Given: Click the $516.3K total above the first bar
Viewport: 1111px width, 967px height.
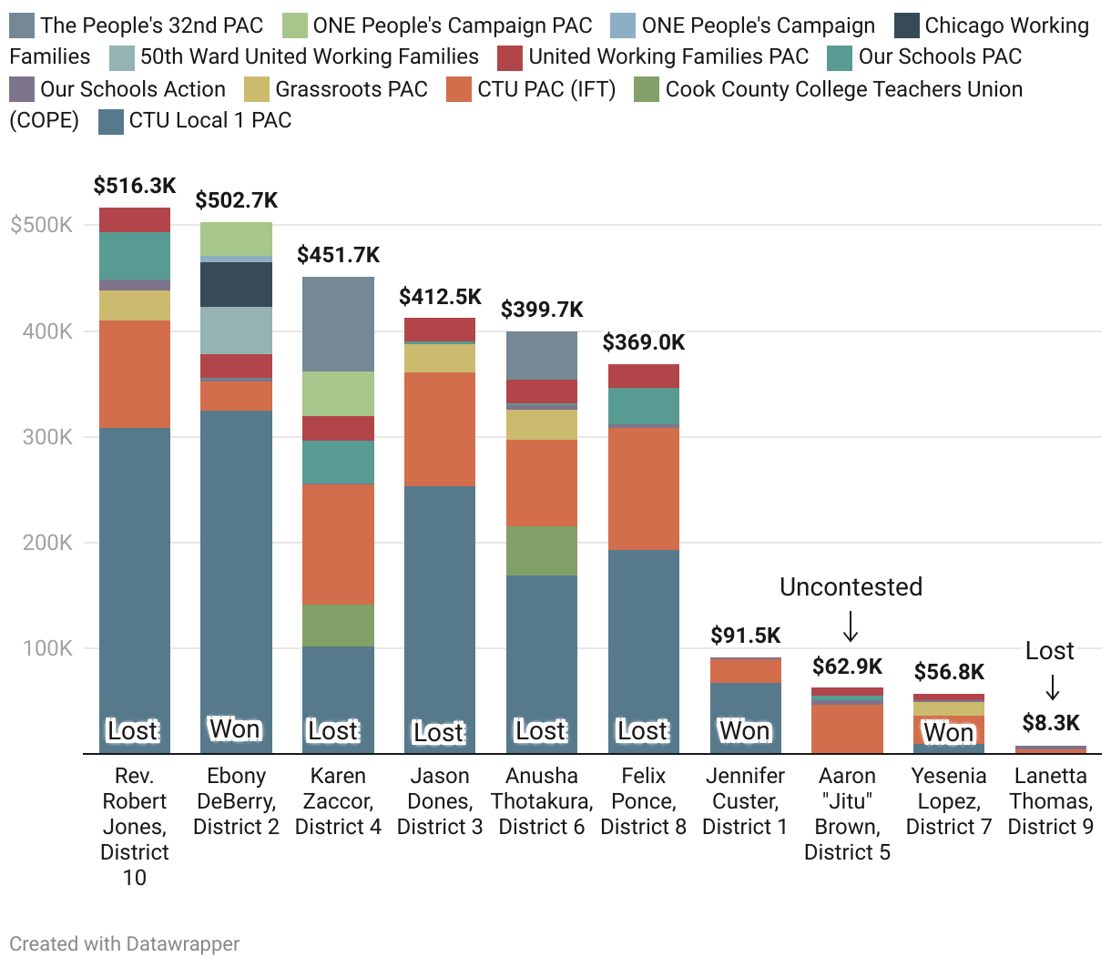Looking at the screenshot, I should (x=135, y=186).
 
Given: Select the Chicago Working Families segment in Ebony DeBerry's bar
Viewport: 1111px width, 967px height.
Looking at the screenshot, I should (x=236, y=284).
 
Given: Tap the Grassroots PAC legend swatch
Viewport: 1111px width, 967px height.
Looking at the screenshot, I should (x=257, y=89).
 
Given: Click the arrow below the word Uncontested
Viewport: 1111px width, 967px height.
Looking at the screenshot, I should (x=851, y=626).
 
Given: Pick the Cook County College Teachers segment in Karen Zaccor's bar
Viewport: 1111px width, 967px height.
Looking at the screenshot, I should (x=338, y=626).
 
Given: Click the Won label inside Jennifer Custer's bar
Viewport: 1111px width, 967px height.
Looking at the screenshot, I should (x=745, y=731).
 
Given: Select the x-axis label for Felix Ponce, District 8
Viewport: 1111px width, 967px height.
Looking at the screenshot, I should (x=643, y=801).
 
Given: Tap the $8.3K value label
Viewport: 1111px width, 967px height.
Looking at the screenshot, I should (x=1050, y=723).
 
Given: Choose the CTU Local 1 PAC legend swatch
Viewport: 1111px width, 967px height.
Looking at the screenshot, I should (x=110, y=121).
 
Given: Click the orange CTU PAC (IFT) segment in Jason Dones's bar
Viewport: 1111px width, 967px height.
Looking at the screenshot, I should (x=440, y=429).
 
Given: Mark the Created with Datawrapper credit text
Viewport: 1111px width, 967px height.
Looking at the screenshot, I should (x=125, y=944).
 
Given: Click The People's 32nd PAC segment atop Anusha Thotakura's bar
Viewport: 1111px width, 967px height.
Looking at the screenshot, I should (x=542, y=355).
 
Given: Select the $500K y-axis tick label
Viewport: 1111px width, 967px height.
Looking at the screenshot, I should (x=41, y=225).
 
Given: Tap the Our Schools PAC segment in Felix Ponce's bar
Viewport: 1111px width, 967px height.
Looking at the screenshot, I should (x=644, y=405).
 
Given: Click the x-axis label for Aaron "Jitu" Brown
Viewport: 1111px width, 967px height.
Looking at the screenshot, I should (x=847, y=814).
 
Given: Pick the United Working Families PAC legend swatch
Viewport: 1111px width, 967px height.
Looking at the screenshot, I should (x=510, y=57).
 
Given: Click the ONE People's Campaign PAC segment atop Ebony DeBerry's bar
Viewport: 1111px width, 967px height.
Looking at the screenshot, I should (x=236, y=239).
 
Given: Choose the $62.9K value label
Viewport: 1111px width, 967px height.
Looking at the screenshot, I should (x=847, y=667).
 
